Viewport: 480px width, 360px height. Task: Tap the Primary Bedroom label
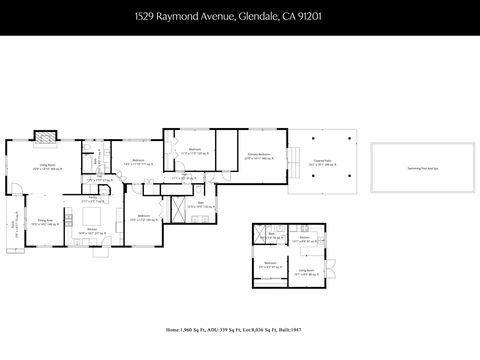(x=260, y=156)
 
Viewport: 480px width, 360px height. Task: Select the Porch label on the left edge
(x=15, y=224)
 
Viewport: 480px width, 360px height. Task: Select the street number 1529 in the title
(x=147, y=17)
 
